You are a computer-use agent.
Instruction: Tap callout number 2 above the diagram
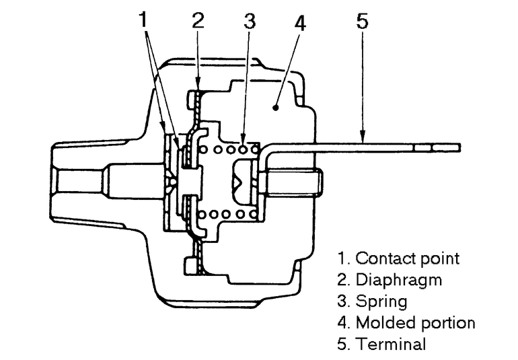tap(197, 20)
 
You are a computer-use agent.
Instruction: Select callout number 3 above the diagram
tap(250, 21)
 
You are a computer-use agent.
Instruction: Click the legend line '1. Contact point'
tap(398, 258)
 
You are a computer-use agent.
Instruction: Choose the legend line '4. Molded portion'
tap(406, 322)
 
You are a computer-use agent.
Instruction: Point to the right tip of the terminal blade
tap(458, 147)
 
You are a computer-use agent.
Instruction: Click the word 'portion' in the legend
tap(449, 322)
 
